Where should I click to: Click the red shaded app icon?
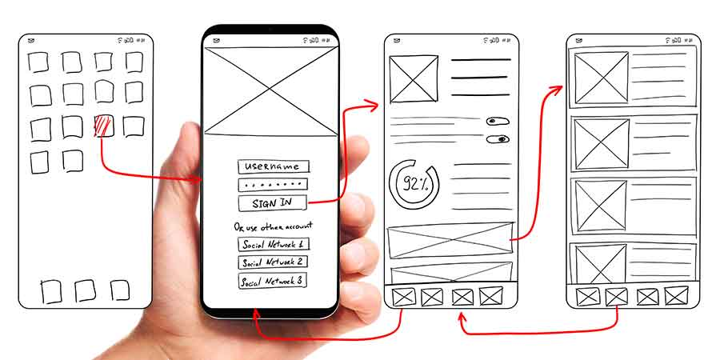tap(103, 126)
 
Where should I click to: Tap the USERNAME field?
tap(273, 166)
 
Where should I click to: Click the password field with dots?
tap(273, 185)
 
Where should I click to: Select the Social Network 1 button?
tap(273, 245)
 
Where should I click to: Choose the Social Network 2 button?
tap(273, 262)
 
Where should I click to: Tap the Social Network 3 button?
tap(273, 281)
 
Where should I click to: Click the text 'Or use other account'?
tap(273, 226)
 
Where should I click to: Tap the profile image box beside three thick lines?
tap(414, 79)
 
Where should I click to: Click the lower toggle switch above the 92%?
tap(498, 139)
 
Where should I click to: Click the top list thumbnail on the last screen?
tap(602, 77)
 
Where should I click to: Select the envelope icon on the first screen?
tap(30, 40)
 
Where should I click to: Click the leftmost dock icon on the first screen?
tap(51, 291)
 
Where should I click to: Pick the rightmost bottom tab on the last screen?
tap(676, 296)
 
